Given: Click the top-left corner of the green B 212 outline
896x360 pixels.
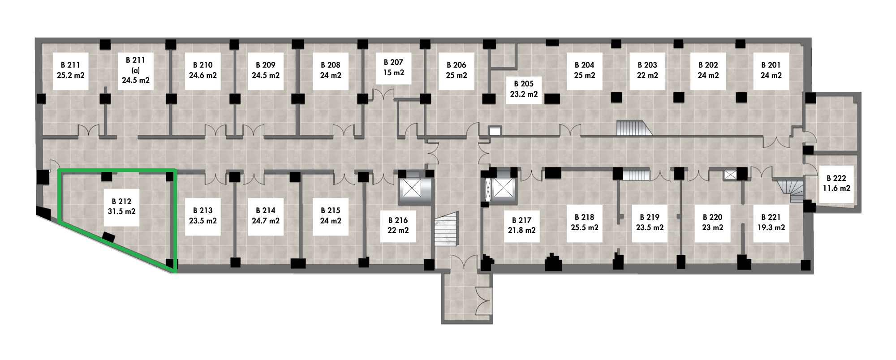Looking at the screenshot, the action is [59, 170].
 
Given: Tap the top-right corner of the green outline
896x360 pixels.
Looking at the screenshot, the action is [174, 170].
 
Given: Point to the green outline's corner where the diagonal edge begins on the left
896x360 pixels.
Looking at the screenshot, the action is [59, 221].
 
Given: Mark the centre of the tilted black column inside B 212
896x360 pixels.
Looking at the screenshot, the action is [108, 237].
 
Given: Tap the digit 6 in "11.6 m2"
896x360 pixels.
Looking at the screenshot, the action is [834, 189].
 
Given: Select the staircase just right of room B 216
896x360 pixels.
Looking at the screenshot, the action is [447, 229].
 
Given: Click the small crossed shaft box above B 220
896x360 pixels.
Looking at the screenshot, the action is [730, 175].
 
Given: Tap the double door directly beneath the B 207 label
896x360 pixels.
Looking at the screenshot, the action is [384, 95].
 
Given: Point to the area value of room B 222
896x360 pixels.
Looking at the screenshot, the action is [836, 189].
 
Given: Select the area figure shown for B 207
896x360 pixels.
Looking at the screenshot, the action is [394, 73].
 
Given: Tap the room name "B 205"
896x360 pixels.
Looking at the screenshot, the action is [524, 84].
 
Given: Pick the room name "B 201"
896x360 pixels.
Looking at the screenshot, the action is [771, 65].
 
